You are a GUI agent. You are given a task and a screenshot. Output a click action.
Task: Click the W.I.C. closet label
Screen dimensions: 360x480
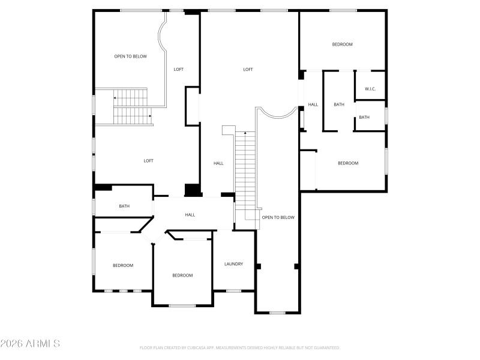click(370, 89)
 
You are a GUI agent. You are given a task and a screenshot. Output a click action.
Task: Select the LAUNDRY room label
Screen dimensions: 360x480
click(233, 264)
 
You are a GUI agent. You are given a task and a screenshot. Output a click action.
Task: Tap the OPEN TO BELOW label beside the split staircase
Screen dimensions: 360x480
click(131, 56)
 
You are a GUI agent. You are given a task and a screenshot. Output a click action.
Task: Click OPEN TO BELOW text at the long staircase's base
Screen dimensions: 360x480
click(278, 217)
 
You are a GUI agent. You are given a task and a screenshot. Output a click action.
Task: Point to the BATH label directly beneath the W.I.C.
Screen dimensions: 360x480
click(364, 117)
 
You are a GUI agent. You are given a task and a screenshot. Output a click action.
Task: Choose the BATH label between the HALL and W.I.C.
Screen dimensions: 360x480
click(339, 104)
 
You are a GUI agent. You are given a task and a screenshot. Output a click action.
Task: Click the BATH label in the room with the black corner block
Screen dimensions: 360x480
click(124, 206)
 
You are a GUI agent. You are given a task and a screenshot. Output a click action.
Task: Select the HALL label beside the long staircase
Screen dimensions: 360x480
click(218, 163)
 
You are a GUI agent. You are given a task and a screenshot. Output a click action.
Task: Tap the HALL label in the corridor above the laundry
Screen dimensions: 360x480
click(190, 215)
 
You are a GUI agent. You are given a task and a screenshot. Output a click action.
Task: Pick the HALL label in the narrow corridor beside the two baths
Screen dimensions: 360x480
click(313, 104)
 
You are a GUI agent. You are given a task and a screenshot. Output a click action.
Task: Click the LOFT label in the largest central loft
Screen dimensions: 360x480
click(248, 70)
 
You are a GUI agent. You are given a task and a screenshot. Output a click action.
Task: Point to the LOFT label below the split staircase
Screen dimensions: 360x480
click(148, 161)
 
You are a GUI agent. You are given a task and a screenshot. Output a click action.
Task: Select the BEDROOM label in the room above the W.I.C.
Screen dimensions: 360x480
click(343, 44)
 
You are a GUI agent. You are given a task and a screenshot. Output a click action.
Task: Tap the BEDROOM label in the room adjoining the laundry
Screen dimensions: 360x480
click(182, 275)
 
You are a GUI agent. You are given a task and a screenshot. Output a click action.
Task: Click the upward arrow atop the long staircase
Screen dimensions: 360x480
click(245, 133)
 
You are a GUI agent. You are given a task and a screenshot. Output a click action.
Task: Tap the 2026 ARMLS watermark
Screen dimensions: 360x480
click(30, 344)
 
